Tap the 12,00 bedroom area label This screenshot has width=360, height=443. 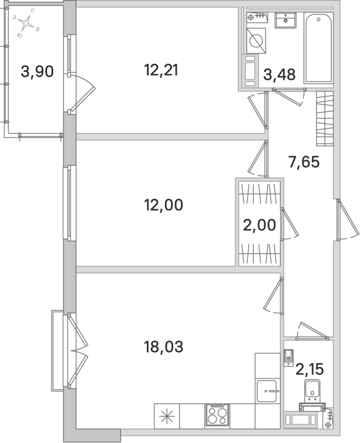click(x=163, y=205)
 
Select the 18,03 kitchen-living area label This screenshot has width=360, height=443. click(x=163, y=347)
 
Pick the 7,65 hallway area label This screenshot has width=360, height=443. click(x=304, y=162)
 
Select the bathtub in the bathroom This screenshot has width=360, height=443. click(x=318, y=49)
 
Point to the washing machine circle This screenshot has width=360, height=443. click(x=255, y=40)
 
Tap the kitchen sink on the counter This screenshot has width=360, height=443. click(x=268, y=392)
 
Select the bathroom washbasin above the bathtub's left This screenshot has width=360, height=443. click(x=286, y=20)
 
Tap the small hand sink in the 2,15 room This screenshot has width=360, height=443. click(x=288, y=357)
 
